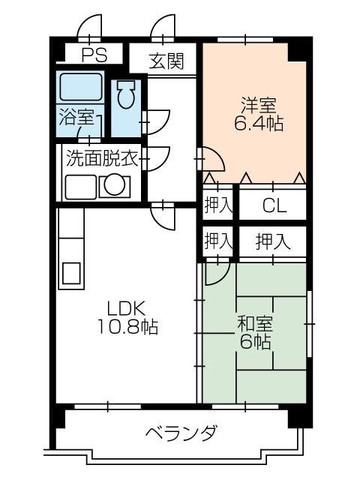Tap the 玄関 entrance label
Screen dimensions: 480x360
166,61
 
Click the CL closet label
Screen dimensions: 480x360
273,205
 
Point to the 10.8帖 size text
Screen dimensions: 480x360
126,327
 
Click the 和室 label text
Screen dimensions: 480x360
255,324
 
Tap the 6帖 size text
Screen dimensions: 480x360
255,343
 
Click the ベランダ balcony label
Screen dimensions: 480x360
181,433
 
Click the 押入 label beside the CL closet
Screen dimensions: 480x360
218,205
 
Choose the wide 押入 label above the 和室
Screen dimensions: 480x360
272,241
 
